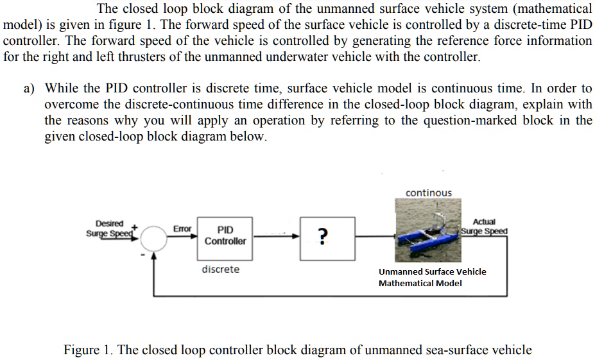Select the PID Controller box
click(x=225, y=236)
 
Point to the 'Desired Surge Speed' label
click(x=108, y=228)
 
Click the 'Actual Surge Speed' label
click(x=484, y=227)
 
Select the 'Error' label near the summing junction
click(x=182, y=228)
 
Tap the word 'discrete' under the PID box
click(x=220, y=270)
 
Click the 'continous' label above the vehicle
click(x=428, y=193)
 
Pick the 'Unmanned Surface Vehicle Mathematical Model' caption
click(x=432, y=277)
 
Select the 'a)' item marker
click(x=30, y=89)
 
